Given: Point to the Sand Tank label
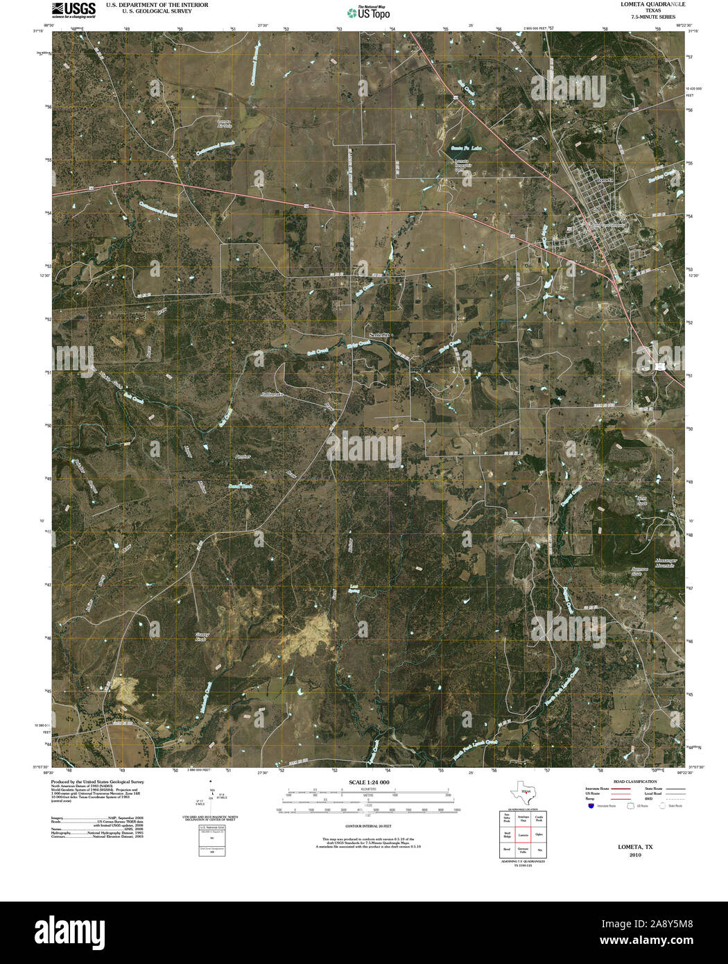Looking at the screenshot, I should pos(241,487).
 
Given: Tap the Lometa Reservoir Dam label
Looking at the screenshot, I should pos(462,165).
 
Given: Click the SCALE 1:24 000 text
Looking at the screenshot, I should pos(369,782).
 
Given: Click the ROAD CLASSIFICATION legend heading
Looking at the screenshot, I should pos(630,782).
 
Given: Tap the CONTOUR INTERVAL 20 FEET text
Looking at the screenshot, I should pos(369,827).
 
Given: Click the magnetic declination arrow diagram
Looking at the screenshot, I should pos(211,798).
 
